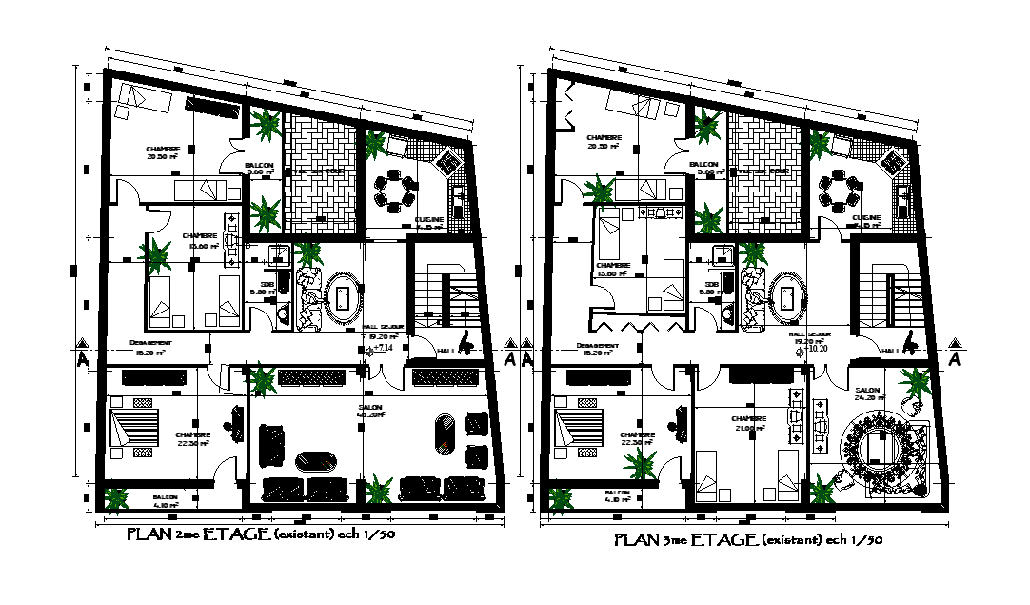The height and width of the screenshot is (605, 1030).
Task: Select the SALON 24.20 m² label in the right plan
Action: point(867,393)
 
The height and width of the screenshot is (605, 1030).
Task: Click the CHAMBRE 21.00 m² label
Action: point(749,423)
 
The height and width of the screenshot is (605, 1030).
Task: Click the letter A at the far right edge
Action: point(954,359)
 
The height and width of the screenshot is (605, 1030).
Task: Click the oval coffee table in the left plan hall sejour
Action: point(344,297)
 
